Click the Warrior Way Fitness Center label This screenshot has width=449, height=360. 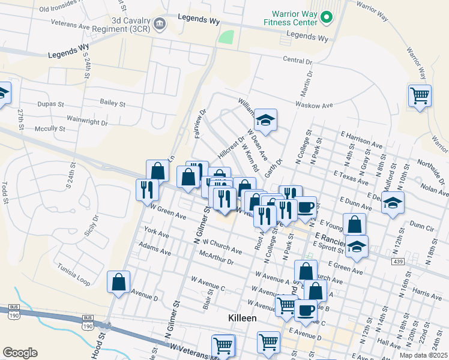pos(294,17)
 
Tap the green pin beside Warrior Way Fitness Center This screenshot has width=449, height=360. pos(327,17)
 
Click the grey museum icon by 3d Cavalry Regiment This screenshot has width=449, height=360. pos(160,24)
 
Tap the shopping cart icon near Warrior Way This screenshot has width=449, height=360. pos(419,95)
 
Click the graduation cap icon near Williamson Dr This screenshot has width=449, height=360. pos(265,120)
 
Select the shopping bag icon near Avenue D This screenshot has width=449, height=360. pos(119,282)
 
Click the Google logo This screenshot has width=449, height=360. pos(20,353)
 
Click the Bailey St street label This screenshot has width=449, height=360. pos(112,104)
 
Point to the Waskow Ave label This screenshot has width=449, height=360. pos(313,105)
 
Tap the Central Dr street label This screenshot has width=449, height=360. pos(298,61)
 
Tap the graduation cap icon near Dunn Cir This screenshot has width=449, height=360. pos(393,202)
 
